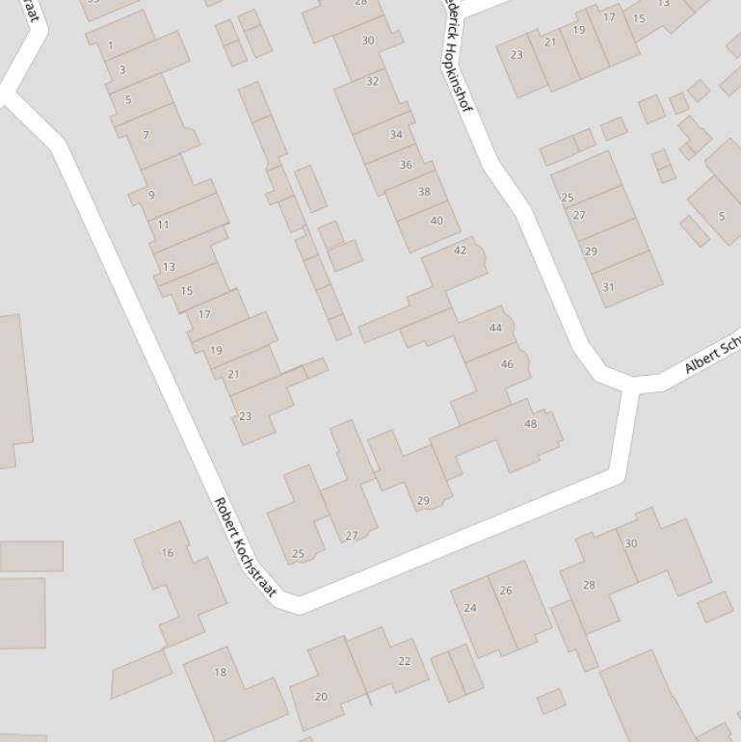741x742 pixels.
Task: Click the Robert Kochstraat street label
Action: click(x=245, y=546)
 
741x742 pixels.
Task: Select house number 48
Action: click(x=530, y=423)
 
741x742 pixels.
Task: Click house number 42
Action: click(x=460, y=251)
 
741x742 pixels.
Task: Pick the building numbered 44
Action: click(x=495, y=328)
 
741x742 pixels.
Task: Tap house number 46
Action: click(x=507, y=363)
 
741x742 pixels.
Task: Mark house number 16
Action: click(x=168, y=552)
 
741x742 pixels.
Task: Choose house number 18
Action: click(x=220, y=672)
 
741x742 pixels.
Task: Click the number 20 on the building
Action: click(x=321, y=696)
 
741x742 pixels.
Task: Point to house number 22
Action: click(x=405, y=661)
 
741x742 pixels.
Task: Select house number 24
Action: click(x=470, y=607)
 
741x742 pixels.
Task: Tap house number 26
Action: click(x=506, y=590)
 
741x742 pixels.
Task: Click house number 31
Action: click(x=608, y=286)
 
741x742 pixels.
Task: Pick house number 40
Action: click(x=437, y=221)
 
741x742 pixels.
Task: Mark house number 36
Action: click(x=406, y=165)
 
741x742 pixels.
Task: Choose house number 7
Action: click(x=146, y=135)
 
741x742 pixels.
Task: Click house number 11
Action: click(x=163, y=225)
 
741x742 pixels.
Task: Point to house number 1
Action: click(x=111, y=45)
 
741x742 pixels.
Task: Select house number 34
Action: click(x=396, y=134)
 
